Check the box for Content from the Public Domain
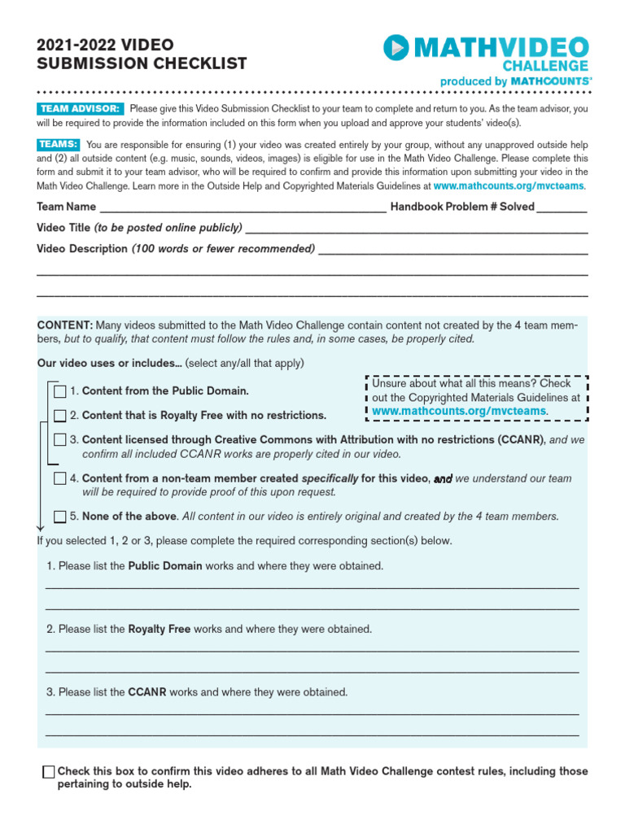click(60, 391)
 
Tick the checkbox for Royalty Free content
click(60, 416)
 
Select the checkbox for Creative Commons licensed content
click(60, 440)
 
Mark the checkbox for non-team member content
click(60, 478)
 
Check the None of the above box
click(60, 517)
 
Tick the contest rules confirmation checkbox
click(49, 772)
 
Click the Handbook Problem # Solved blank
click(562, 208)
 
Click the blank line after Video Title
click(416, 229)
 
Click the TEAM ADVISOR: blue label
click(80, 109)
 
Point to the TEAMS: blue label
click(57, 145)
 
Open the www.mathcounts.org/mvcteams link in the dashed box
click(460, 412)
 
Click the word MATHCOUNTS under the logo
click(551, 81)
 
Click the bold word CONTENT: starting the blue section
click(65, 325)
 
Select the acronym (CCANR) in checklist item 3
click(521, 440)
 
